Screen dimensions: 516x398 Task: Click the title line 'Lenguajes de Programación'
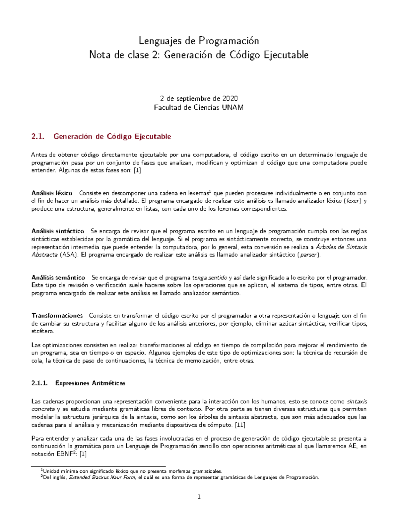pos(199,41)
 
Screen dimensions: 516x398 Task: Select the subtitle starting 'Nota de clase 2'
pos(199,55)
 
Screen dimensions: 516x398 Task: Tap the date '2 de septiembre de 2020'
pos(199,98)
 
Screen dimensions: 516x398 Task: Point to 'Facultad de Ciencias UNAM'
pos(199,107)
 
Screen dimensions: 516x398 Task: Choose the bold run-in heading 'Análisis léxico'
pos(52,193)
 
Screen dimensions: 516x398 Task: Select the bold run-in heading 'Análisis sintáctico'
pos(58,231)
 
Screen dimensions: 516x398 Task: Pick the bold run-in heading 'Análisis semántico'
pos(58,277)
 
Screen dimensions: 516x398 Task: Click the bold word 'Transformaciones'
pos(57,316)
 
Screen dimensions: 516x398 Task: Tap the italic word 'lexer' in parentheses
pos(353,201)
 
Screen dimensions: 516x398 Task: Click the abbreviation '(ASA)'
pos(69,255)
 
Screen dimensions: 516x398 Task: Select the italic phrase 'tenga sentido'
pos(210,277)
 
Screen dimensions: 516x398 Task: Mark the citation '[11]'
pos(240,425)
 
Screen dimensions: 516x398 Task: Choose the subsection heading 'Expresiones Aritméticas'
pos(90,383)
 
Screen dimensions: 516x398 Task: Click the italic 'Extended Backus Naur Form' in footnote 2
pos(102,477)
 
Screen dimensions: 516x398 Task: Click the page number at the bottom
pos(199,497)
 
